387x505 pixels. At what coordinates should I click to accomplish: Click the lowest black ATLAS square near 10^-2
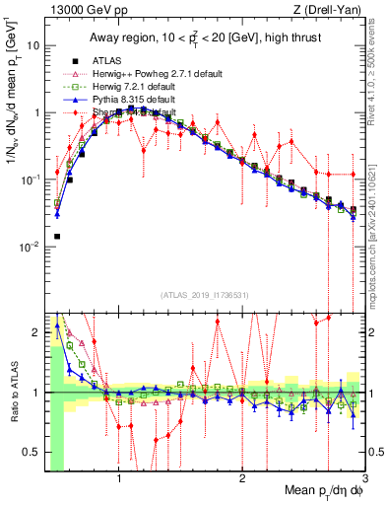coord(57,237)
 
